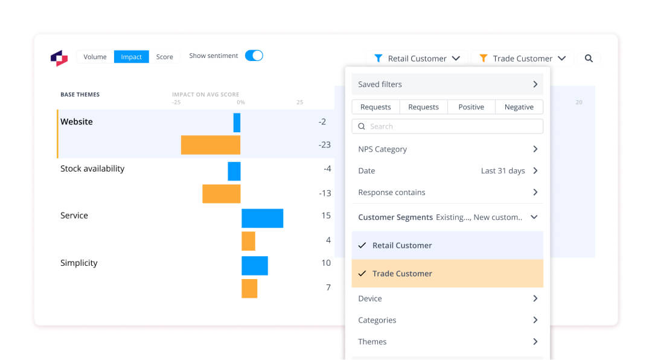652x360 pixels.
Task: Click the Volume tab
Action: pyautogui.click(x=95, y=57)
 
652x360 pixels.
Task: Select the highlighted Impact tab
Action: pyautogui.click(x=131, y=57)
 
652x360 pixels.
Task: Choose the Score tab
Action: pyautogui.click(x=164, y=57)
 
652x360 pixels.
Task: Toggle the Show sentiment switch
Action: pyautogui.click(x=254, y=56)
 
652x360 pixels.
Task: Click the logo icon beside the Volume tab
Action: pyautogui.click(x=59, y=58)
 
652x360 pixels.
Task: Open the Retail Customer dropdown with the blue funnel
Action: pyautogui.click(x=417, y=59)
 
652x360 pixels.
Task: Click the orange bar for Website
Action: pyautogui.click(x=211, y=145)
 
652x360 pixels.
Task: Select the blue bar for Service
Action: pyautogui.click(x=262, y=218)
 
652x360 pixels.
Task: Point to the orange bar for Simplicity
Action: pyautogui.click(x=249, y=288)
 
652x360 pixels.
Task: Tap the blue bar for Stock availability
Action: pyautogui.click(x=234, y=171)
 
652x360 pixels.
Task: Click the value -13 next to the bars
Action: pyautogui.click(x=325, y=193)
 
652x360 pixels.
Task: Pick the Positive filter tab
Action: pyautogui.click(x=471, y=107)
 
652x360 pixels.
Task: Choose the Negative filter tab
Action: pyautogui.click(x=519, y=107)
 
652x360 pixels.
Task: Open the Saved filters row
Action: pyautogui.click(x=447, y=85)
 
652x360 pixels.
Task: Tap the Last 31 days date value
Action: pyautogui.click(x=503, y=171)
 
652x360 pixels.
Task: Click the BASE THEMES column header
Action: pyautogui.click(x=80, y=95)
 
